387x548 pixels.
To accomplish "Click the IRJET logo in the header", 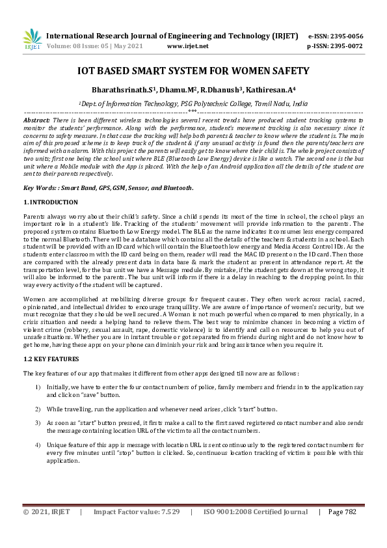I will tap(32, 39).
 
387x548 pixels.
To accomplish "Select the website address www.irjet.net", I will tap(187, 46).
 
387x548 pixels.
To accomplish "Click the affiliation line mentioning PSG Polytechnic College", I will tap(193, 103).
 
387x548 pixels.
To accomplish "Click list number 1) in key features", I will tap(38, 387).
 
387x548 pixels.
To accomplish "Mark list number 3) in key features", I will tap(38, 422).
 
